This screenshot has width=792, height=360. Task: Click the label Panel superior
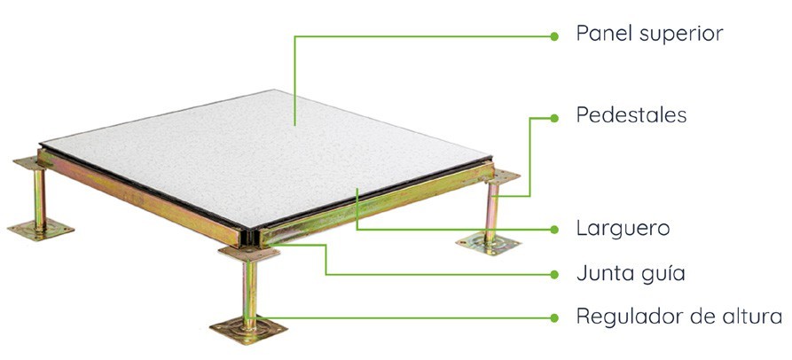pos(649,34)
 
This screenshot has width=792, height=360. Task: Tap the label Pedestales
pos(631,115)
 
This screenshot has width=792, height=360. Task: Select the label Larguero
pos(623,229)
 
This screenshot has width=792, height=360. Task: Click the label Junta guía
pos(631,274)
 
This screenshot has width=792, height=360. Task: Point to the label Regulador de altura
pos(679,317)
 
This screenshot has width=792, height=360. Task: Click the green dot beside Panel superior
pos(554,36)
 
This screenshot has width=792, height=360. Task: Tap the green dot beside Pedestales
pos(554,118)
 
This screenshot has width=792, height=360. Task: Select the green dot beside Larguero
pos(554,230)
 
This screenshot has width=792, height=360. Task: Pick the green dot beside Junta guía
pos(554,274)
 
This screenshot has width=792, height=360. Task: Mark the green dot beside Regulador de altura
pos(554,318)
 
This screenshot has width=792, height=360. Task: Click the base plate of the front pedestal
pos(248,330)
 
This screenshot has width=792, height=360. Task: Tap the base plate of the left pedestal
pos(41,230)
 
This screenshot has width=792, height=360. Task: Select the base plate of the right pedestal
pos(488,245)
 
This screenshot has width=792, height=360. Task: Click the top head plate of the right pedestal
pos(503,176)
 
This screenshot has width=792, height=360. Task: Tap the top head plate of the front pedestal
pos(249,254)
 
